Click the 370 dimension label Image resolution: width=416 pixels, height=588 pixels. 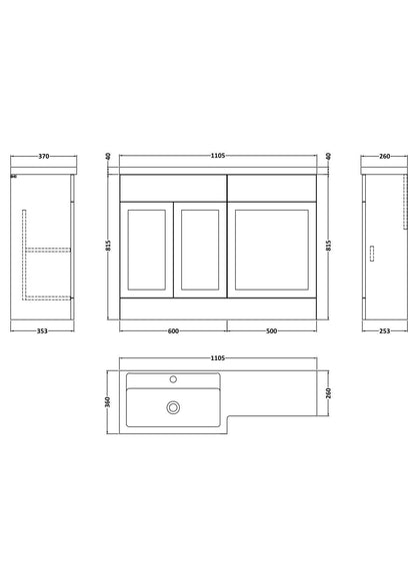click(44, 156)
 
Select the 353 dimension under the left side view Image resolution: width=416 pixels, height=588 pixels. click(42, 331)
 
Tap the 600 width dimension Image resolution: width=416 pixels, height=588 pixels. click(173, 331)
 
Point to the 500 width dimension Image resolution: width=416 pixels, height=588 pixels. click(271, 331)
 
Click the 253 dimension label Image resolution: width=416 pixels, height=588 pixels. click(385, 331)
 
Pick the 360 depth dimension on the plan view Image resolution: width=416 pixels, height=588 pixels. click(108, 402)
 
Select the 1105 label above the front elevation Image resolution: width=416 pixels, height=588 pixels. click(218, 156)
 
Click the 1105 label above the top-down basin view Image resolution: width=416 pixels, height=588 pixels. click(218, 358)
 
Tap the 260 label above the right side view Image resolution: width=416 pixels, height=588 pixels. click(385, 156)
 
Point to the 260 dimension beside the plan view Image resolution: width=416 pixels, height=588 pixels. click(328, 393)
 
